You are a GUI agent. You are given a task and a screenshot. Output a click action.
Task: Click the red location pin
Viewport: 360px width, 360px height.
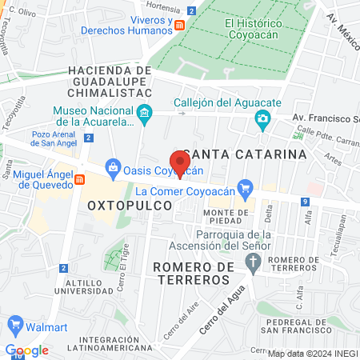coord(181,163)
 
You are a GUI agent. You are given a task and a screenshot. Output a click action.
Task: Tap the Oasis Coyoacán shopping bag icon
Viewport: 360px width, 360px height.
coord(113,168)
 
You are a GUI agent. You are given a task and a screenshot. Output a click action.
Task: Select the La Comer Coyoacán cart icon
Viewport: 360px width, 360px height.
coord(246,190)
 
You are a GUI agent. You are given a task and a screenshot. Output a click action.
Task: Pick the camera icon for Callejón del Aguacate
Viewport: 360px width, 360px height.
coord(262,119)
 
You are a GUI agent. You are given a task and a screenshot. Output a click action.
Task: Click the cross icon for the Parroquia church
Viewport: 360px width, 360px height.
coord(254,262)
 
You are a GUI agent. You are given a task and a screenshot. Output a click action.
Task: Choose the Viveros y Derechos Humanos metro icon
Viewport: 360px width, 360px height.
coord(181,25)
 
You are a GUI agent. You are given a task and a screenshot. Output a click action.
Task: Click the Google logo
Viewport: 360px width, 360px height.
coord(27,350)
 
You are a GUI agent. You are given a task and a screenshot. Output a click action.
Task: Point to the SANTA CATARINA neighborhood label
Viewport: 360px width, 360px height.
coord(244,154)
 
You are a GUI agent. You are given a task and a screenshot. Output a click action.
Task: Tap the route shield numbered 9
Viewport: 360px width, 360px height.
coord(305,202)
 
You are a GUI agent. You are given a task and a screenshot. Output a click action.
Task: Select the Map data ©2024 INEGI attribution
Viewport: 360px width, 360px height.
coord(312,354)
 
